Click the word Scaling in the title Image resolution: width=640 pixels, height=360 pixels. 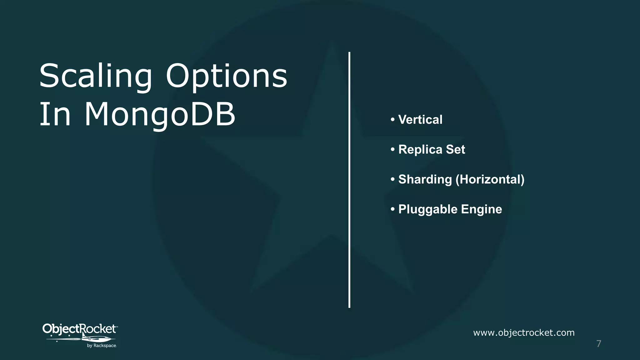(95, 77)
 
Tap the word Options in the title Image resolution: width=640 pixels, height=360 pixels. (226, 77)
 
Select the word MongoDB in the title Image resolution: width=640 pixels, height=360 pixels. (160, 114)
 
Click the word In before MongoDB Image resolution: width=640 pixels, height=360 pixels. (55, 114)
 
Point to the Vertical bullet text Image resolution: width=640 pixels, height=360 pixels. (420, 120)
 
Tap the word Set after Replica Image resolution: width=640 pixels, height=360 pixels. (455, 150)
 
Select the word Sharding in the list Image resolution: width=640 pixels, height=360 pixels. (425, 180)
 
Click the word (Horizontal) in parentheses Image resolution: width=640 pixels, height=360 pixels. (490, 180)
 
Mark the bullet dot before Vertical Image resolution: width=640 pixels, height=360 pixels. (392, 120)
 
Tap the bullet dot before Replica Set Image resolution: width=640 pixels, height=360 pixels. (392, 150)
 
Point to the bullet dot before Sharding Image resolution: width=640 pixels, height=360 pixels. (392, 180)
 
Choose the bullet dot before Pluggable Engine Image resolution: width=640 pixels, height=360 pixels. (392, 209)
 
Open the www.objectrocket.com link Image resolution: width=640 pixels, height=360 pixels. (524, 333)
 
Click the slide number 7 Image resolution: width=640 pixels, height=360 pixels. (599, 344)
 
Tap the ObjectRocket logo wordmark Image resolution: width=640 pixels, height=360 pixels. (79, 329)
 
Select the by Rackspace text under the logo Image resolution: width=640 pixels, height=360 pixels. (102, 346)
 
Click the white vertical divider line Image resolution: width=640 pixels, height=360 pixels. (349, 180)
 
